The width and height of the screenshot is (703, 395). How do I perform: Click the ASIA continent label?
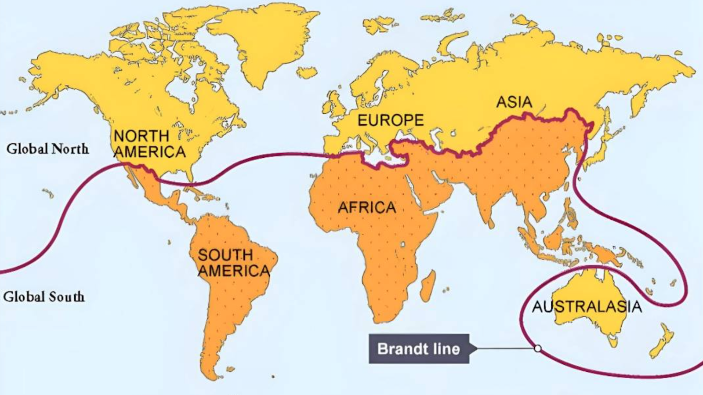(x=514, y=102)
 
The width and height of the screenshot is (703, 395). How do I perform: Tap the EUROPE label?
(x=390, y=120)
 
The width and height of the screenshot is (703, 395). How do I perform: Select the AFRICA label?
(x=366, y=207)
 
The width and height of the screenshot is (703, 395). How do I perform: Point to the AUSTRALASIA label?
(x=587, y=307)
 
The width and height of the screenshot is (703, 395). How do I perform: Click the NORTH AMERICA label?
(x=149, y=144)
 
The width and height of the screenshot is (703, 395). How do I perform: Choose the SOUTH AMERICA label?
(x=233, y=263)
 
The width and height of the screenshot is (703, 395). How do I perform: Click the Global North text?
(x=47, y=149)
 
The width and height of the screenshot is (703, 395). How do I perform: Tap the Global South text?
(x=44, y=297)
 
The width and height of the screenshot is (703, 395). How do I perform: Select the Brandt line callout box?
(x=419, y=349)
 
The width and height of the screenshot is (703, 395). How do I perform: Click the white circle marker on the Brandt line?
(x=537, y=348)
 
